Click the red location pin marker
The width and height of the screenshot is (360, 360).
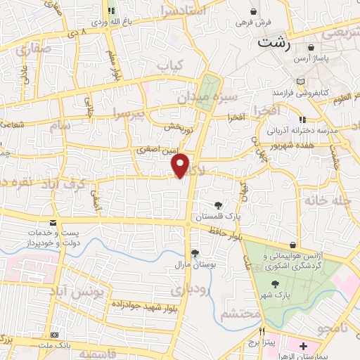point(181,166)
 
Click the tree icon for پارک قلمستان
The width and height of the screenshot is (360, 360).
point(219,206)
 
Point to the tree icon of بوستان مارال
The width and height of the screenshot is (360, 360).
point(195,254)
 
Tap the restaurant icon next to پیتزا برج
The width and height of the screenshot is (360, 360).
point(262,332)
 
